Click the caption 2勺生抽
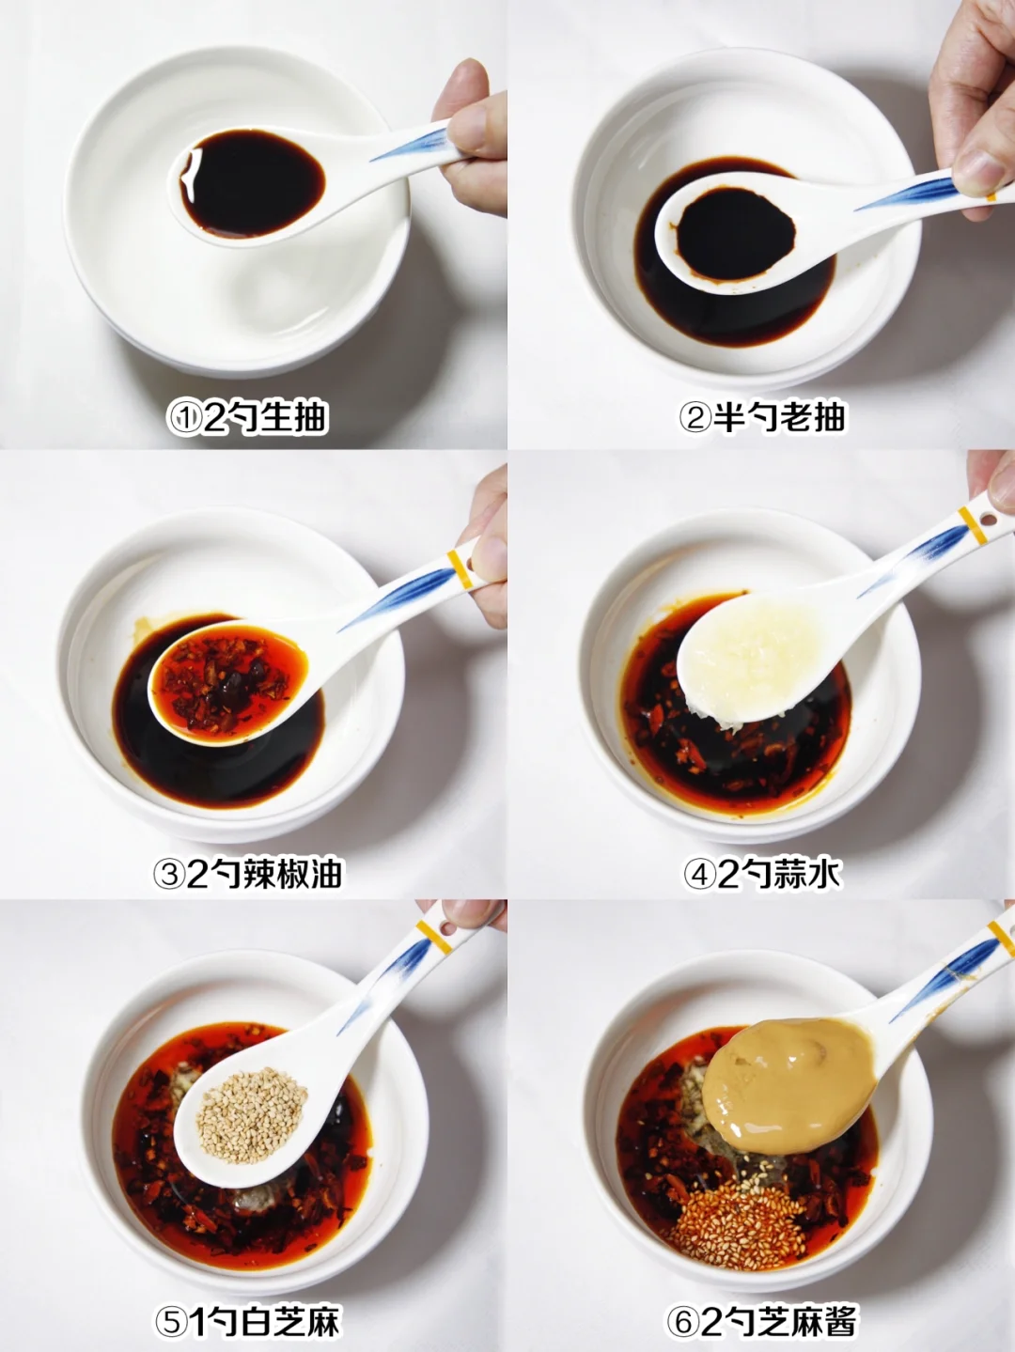265,418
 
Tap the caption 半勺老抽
779,417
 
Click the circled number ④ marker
699,874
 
